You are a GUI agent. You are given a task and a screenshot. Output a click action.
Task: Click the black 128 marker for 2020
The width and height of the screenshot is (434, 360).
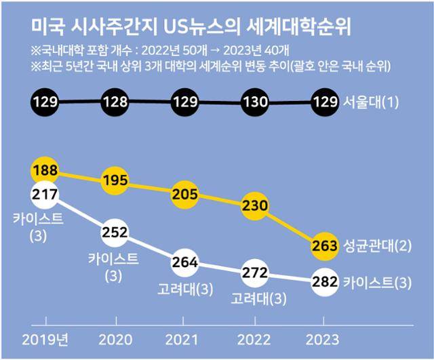(x=115, y=103)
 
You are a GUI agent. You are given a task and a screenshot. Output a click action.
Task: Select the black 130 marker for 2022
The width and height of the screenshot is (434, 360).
(x=255, y=103)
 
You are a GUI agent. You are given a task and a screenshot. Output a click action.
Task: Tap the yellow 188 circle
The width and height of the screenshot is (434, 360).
(x=45, y=169)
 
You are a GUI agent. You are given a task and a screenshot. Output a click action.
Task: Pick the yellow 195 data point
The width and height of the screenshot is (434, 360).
(x=115, y=179)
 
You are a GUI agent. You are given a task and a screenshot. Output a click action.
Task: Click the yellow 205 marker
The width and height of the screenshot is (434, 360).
(x=185, y=194)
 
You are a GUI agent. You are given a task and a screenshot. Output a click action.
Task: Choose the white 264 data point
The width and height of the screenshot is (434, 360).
(x=185, y=262)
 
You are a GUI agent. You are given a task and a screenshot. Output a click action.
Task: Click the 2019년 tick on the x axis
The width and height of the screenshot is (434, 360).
(x=45, y=338)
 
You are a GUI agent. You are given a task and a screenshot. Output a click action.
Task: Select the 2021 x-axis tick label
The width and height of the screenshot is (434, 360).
(x=185, y=338)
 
